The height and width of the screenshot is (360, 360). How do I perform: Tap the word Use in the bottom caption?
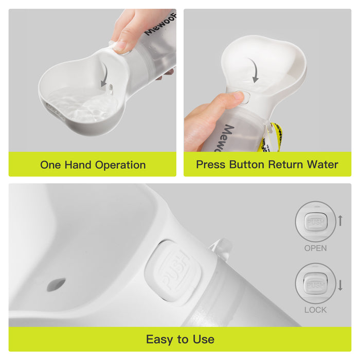tap(203, 339)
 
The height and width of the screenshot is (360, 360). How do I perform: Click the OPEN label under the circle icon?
tap(315, 248)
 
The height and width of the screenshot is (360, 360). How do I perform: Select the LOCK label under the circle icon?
tap(315, 310)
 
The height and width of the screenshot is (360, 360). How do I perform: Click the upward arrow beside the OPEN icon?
tap(340, 221)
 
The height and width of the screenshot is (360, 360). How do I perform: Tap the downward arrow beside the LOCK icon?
tap(340, 284)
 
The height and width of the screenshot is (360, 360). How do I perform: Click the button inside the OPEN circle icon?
tap(315, 222)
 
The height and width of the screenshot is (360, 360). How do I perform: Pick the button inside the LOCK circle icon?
tap(315, 285)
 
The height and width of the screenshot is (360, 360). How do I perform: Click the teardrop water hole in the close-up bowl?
tap(56, 284)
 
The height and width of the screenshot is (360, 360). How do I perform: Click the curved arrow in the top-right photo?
tap(254, 70)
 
